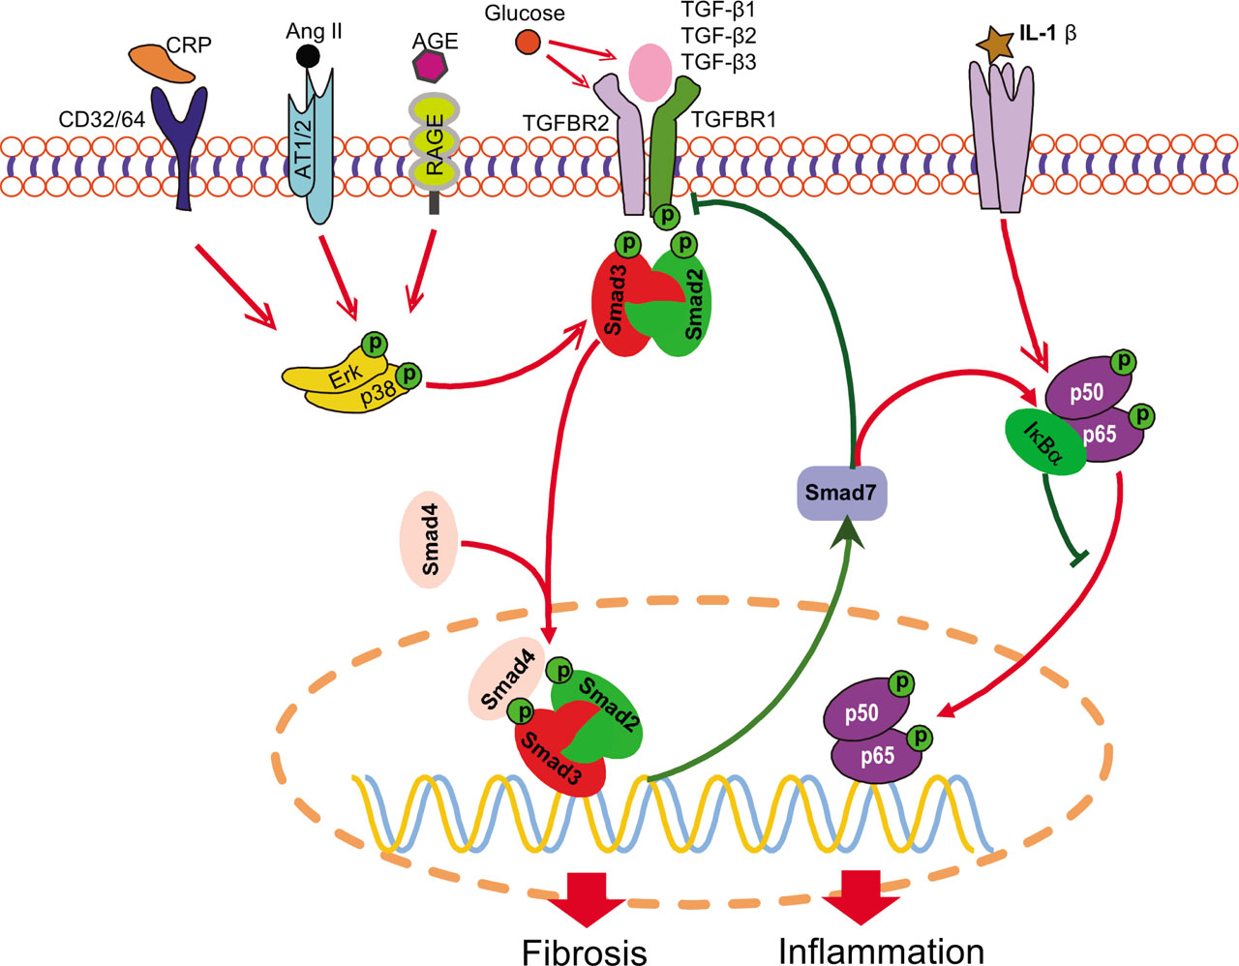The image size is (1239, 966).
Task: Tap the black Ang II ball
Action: [x=307, y=55]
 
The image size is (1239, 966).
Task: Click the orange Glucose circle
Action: [x=527, y=43]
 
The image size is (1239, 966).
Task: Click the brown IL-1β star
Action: [x=992, y=44]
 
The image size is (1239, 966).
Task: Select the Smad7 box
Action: [x=840, y=492]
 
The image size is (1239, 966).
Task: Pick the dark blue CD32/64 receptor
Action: [x=185, y=145]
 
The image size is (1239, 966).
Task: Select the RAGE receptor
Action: [x=435, y=145]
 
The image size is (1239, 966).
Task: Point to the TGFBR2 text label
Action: [x=565, y=122]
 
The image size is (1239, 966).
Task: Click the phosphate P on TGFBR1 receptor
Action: [x=666, y=216]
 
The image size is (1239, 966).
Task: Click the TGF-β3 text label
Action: [x=718, y=62]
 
